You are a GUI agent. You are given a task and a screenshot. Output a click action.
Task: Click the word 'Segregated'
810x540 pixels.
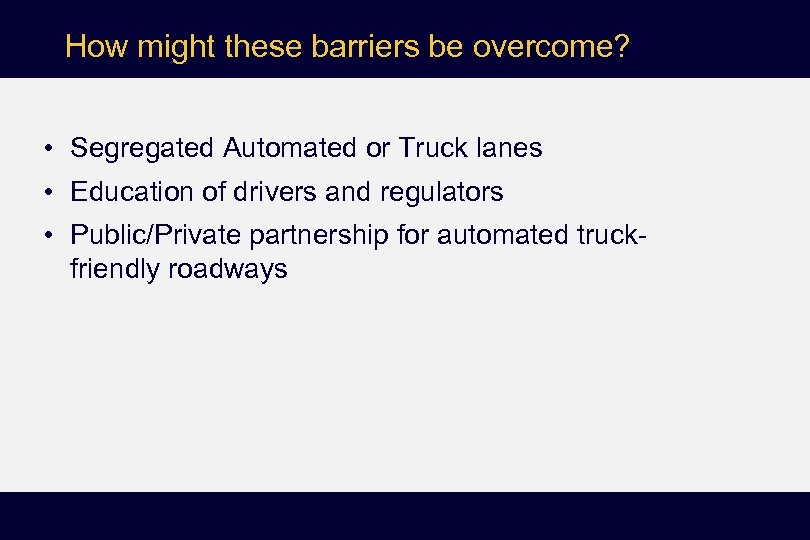pos(142,149)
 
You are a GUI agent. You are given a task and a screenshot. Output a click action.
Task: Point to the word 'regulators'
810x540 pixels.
pos(442,191)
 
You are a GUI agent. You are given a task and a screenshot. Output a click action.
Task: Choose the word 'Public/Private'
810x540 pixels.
pos(156,234)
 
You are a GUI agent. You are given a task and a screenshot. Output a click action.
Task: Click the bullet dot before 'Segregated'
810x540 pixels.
pos(48,150)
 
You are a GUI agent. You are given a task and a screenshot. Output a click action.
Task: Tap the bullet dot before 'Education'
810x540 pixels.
pos(48,192)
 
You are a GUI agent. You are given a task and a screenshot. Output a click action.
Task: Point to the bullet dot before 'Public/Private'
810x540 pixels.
pos(48,235)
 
